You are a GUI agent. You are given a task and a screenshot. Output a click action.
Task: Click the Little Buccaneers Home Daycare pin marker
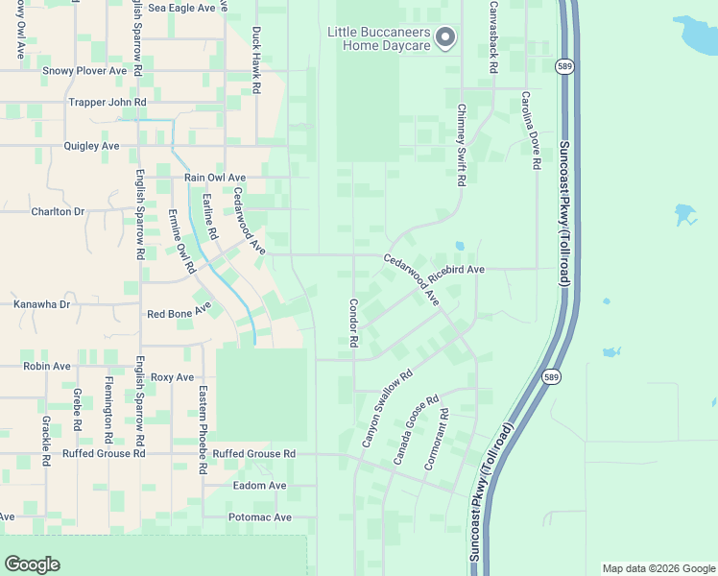[445, 38]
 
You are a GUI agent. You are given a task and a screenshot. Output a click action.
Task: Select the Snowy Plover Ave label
[84, 71]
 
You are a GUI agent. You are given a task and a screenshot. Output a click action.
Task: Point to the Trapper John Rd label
[107, 102]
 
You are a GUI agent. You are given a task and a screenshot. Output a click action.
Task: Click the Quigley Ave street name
[91, 146]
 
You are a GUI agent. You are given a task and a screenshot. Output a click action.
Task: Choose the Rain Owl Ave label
[215, 178]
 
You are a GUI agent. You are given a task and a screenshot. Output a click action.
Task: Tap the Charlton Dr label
[58, 211]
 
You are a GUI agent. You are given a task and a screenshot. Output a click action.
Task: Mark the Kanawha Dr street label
[42, 304]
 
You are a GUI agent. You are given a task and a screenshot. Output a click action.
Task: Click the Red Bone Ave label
[179, 313]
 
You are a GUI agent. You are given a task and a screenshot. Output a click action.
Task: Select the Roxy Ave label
[173, 377]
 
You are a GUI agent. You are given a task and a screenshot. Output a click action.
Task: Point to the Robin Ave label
[47, 366]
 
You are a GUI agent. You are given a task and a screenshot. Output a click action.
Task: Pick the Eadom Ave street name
[260, 486]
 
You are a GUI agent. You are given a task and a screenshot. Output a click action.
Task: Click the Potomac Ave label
[260, 517]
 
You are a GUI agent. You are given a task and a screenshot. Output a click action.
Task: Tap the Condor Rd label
[353, 322]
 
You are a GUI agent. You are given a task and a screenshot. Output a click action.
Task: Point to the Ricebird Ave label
[457, 271]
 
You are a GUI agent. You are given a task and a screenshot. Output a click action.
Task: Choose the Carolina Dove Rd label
[529, 132]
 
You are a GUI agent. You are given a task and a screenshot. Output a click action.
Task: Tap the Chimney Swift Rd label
[461, 144]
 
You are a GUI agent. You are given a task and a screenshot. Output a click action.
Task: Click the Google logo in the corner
[32, 564]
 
